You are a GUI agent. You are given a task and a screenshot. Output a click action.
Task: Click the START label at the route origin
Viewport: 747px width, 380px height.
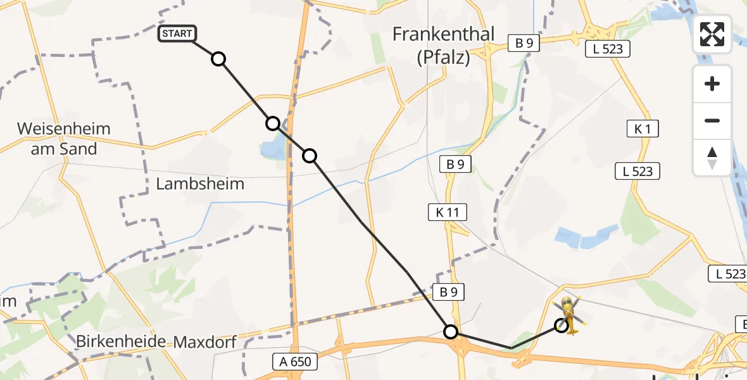tap(177, 34)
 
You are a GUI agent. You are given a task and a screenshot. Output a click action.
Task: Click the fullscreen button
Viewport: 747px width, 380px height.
tap(712, 34)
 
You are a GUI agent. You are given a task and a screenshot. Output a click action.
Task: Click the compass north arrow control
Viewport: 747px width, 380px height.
tap(712, 158)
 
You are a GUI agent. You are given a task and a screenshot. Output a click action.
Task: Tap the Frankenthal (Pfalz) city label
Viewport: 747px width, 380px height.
tap(443, 46)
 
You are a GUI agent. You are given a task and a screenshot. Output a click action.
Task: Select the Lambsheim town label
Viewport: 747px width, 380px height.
tap(200, 185)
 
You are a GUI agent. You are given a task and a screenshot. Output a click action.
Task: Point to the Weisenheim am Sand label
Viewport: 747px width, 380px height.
tap(63, 139)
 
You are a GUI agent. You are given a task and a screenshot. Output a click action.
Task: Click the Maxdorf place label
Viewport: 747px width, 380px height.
tap(205, 343)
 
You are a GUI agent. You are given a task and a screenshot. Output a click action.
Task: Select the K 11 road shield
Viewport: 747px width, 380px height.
tap(447, 212)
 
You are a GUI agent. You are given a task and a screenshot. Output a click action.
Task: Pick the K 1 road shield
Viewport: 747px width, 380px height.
tap(643, 129)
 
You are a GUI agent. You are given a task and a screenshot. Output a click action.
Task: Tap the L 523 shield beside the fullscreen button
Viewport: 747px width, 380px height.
tap(608, 49)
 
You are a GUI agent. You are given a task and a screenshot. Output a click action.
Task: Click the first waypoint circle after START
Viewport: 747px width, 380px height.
tap(218, 59)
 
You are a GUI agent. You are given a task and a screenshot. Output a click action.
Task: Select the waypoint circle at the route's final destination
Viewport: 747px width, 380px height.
tap(561, 326)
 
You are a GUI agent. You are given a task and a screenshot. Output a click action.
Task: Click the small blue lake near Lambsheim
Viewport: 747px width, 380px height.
tap(273, 151)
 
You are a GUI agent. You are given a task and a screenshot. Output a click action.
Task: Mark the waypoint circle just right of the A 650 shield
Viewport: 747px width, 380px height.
tap(450, 331)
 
